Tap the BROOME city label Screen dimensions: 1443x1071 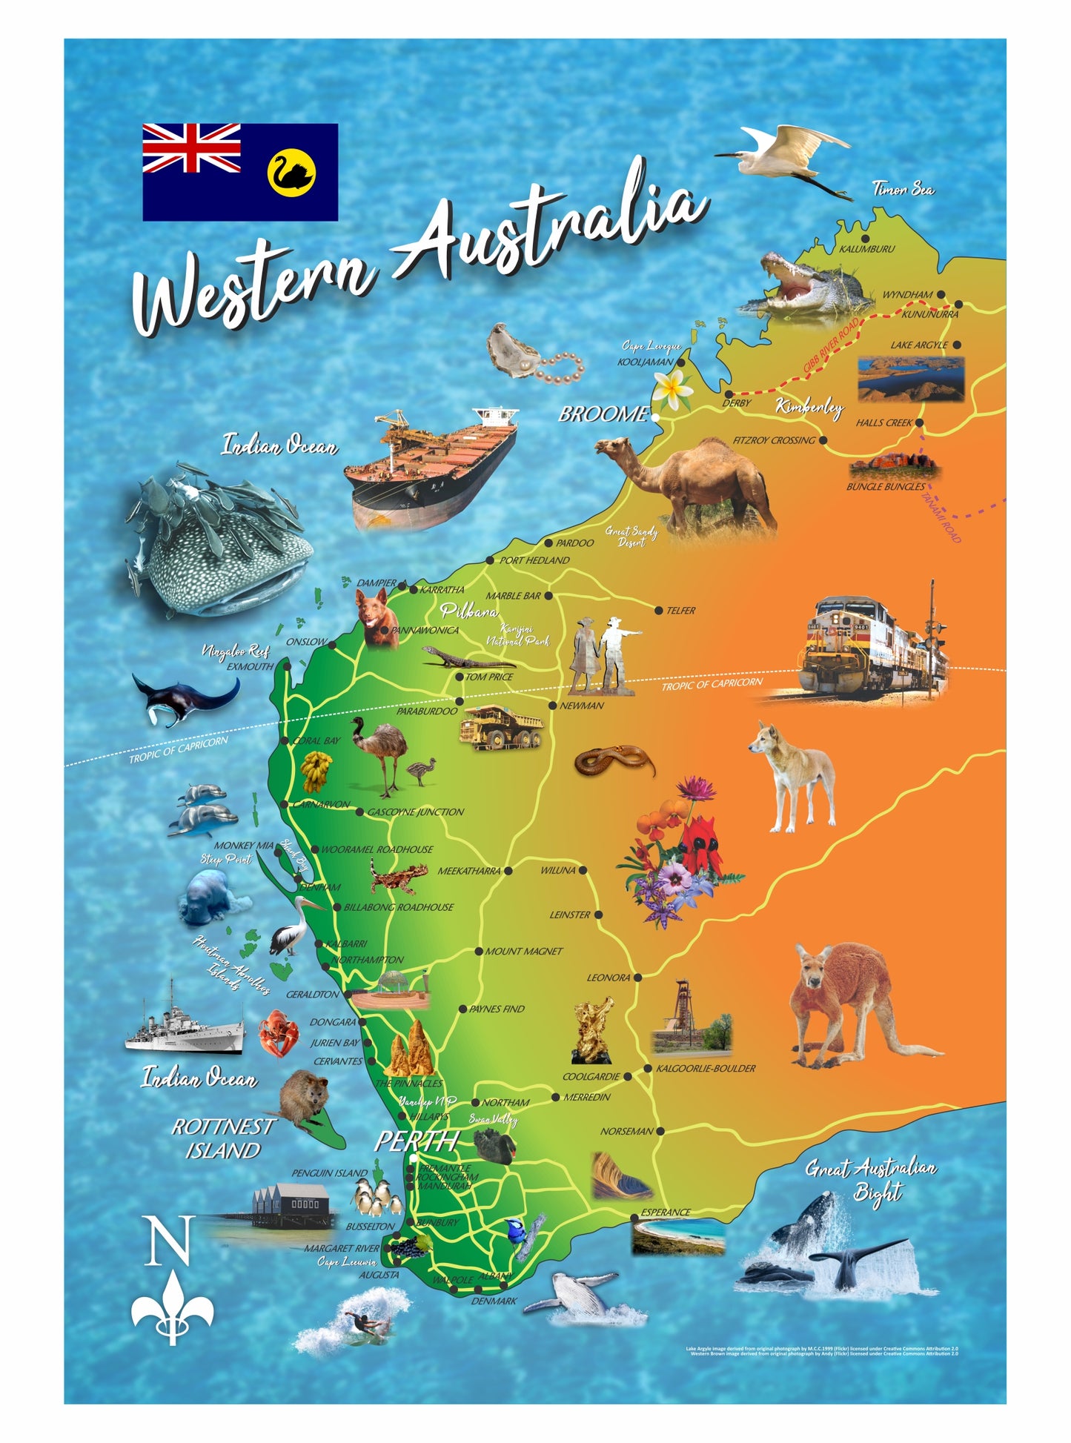pos(603,414)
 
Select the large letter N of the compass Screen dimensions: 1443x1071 pos(171,1240)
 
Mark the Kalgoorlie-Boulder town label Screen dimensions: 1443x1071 pos(705,1068)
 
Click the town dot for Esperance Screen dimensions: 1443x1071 pos(634,1218)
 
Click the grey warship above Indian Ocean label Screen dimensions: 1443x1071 pos(185,1023)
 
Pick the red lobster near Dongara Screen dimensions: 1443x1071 pos(279,1032)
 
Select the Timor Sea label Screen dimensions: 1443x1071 pos(903,190)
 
